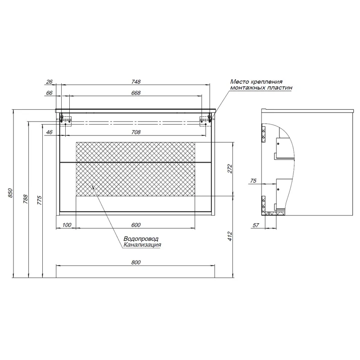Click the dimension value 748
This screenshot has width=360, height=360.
(x=136, y=81)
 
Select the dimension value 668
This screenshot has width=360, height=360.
(x=136, y=93)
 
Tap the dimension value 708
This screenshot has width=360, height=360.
(x=136, y=132)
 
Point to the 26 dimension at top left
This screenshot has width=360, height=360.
(x=49, y=81)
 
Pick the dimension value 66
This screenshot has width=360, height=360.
(x=49, y=93)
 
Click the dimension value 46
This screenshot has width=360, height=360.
(x=49, y=132)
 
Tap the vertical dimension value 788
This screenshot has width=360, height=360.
(x=26, y=199)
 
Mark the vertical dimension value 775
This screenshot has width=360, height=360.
(x=40, y=200)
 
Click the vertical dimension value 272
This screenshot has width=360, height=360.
(x=230, y=169)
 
